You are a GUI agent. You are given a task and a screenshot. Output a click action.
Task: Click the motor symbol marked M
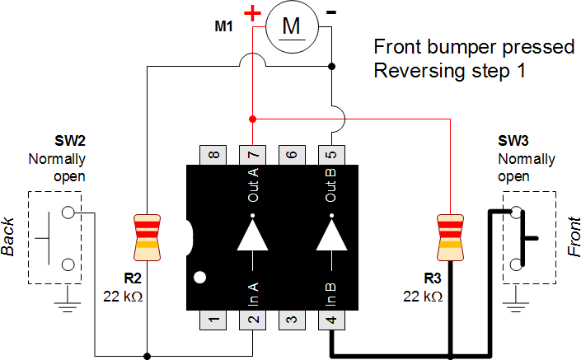click(292, 27)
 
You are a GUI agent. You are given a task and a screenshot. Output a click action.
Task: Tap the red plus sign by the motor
click(253, 14)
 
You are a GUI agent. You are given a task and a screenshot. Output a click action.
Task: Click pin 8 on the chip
click(213, 154)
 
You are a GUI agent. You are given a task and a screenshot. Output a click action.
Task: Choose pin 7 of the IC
click(252, 154)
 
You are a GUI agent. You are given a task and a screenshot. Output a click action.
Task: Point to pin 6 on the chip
click(292, 154)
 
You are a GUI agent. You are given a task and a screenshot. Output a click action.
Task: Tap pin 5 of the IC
click(331, 154)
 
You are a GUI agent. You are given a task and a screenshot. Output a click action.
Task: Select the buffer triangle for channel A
click(252, 234)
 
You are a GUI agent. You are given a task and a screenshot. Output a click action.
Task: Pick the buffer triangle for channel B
click(331, 234)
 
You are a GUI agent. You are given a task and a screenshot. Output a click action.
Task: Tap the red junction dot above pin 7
click(252, 118)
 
